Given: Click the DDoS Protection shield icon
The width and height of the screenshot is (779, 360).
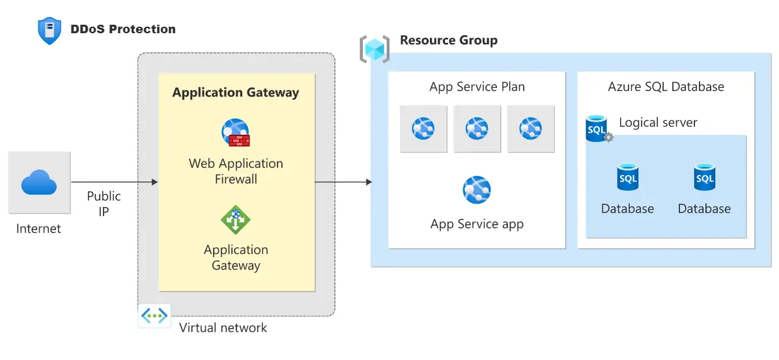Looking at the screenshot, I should (x=50, y=31).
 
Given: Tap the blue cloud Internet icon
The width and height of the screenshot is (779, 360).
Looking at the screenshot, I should (x=39, y=182).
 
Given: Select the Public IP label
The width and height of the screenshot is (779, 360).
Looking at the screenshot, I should (x=104, y=203).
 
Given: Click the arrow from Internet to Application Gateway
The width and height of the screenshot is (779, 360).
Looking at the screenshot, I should (x=114, y=182).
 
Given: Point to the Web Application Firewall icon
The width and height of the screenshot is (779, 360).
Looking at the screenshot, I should (x=236, y=133).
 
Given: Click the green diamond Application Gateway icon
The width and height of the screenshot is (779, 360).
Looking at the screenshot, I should (x=236, y=219).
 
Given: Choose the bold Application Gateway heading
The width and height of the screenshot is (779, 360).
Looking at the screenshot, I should (x=236, y=92).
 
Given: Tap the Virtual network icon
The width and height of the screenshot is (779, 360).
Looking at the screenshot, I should (x=154, y=316).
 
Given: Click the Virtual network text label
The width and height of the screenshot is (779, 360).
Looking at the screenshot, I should (x=223, y=327).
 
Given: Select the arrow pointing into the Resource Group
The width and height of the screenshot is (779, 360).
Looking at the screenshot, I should (x=343, y=182).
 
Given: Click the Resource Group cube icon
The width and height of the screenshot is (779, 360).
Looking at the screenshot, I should (x=375, y=49).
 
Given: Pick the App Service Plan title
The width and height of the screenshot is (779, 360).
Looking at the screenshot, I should (x=477, y=87).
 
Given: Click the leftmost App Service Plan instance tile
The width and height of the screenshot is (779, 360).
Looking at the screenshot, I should (x=423, y=129).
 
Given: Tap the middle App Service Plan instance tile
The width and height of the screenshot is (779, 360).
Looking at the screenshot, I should (x=477, y=129).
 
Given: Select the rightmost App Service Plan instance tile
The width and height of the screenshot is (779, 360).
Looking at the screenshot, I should (x=531, y=129).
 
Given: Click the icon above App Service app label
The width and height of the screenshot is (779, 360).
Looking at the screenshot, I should (x=477, y=190).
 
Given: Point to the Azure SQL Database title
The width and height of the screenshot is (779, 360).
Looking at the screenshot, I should (x=666, y=87).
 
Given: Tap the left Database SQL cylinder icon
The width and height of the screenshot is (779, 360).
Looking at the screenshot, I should (x=628, y=177).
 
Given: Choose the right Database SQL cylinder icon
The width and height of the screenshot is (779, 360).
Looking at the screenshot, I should (x=704, y=177).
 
